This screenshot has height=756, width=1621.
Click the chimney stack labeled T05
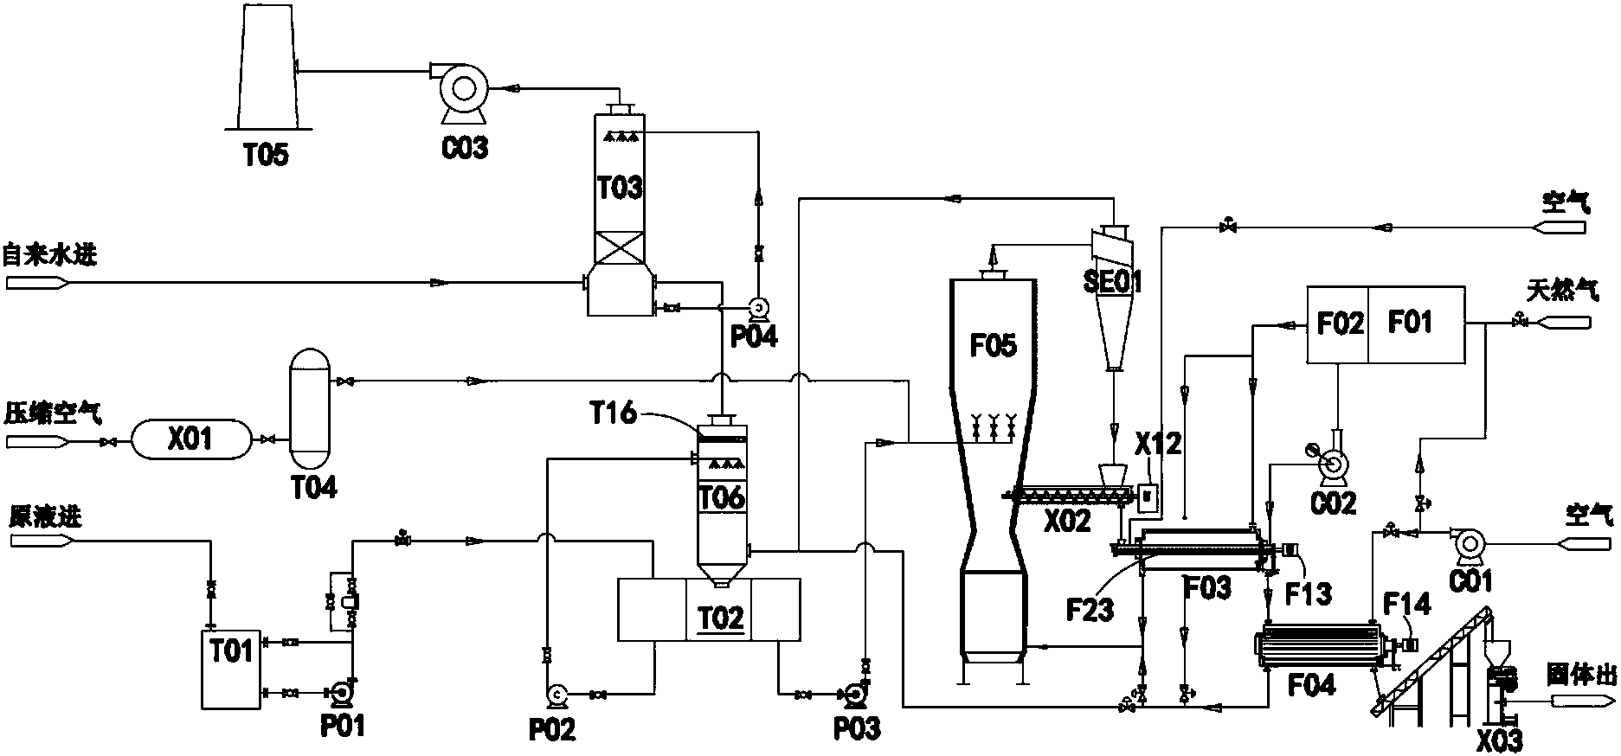coord(265,69)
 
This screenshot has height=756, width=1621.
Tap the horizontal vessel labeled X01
coord(190,440)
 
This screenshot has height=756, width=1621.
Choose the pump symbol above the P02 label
coord(556,694)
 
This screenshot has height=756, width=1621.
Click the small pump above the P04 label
coord(759,307)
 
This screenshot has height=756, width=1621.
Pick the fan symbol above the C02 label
coord(1334,466)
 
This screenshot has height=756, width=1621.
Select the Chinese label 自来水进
coord(49,255)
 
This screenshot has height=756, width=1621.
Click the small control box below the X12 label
coord(1148,496)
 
